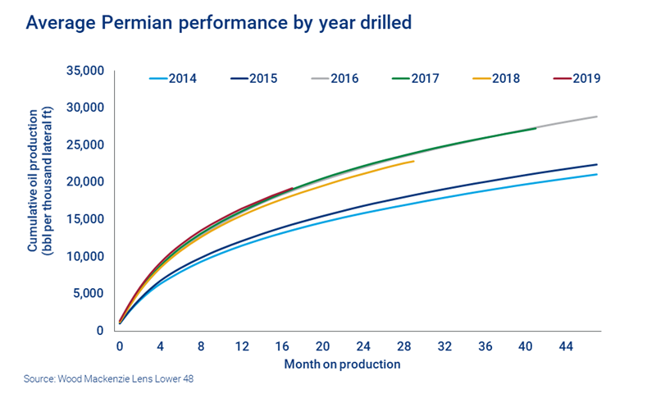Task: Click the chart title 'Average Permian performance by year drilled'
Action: point(218,22)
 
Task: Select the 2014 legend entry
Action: point(170,79)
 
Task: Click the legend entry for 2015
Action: point(252,79)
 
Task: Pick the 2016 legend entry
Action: point(334,79)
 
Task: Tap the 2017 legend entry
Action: point(415,79)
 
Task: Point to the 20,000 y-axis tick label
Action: point(84,182)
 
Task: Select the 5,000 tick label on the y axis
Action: point(88,294)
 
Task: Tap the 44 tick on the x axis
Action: point(566,346)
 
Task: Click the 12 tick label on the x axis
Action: point(241,346)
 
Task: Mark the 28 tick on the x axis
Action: point(403,346)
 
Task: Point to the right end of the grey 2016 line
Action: point(596,117)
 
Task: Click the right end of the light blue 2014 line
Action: point(596,174)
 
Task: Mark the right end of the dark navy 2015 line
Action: point(596,164)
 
